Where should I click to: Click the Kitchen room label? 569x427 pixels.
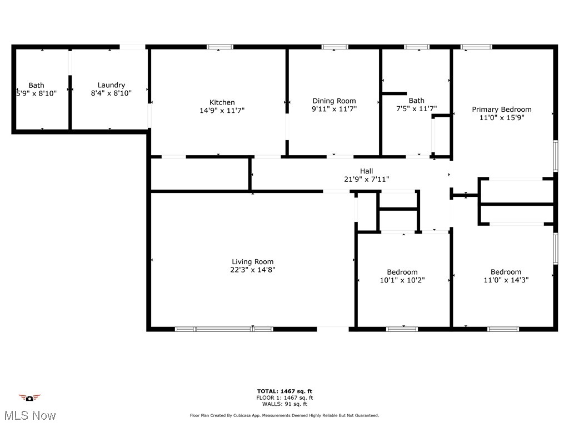point(222,102)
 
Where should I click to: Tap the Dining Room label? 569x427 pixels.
point(334,101)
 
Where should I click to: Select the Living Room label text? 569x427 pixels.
point(253,262)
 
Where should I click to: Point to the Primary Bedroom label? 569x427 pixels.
point(502,110)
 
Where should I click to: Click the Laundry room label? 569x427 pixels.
point(111,85)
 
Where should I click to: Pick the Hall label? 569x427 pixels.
point(367,171)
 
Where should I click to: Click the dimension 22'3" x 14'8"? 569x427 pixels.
point(253,270)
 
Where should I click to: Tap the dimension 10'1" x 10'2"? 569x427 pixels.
point(402,280)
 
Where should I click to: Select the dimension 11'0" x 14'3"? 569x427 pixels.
point(506,280)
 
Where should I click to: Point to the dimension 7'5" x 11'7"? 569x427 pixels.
point(417,108)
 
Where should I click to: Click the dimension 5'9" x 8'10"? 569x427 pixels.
point(36,93)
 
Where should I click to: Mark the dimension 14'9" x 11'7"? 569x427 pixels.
point(222,111)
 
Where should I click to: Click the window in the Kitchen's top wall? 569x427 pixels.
point(220,47)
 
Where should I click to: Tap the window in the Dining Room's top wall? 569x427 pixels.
point(335,47)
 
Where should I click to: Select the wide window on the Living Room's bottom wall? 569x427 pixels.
point(224,329)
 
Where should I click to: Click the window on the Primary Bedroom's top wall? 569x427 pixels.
point(476,47)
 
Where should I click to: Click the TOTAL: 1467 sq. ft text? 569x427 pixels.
point(284,391)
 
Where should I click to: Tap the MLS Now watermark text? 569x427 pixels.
point(30,415)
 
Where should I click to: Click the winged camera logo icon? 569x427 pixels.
point(29,398)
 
